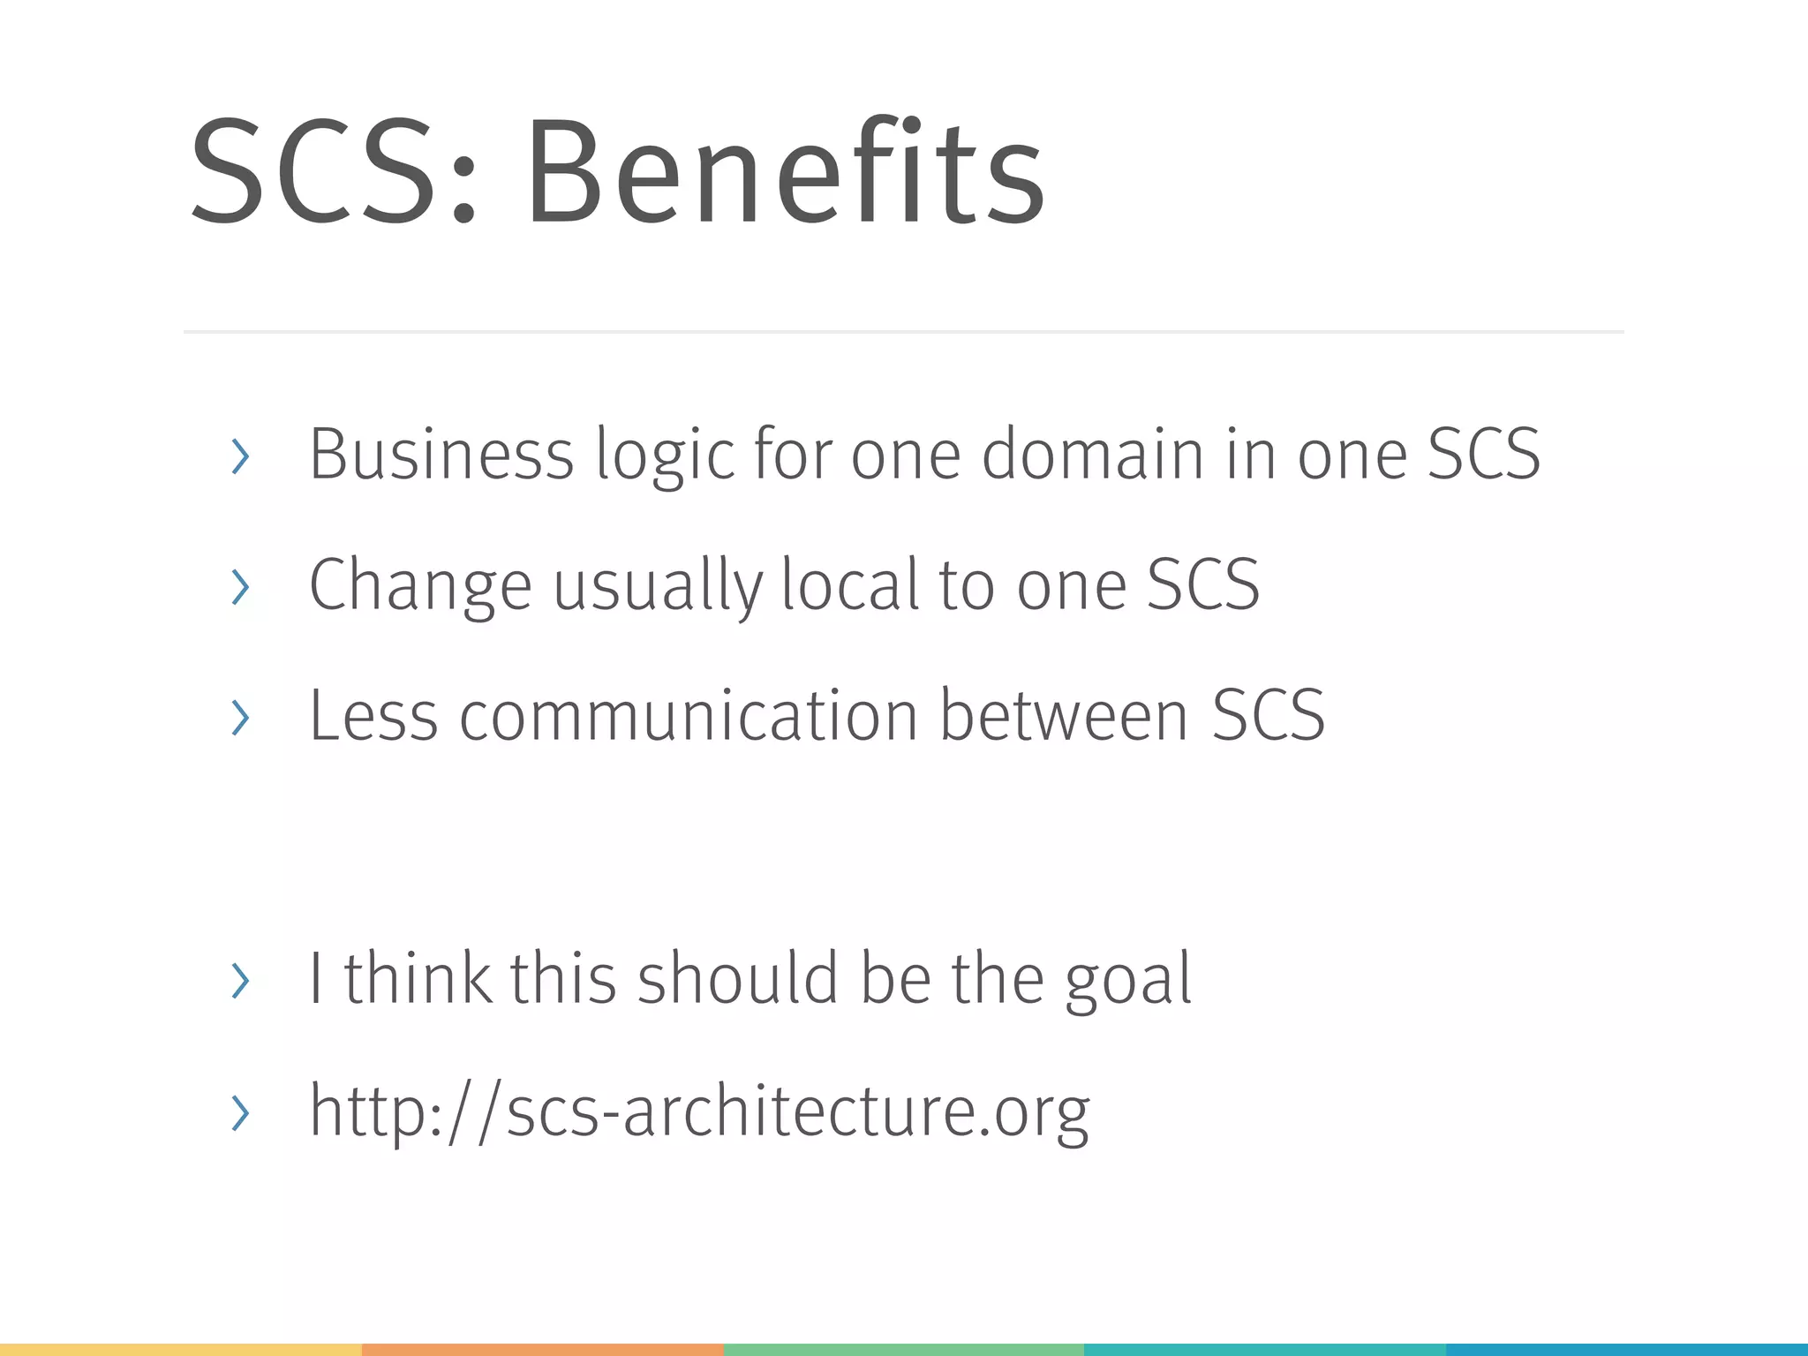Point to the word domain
pos(1093,454)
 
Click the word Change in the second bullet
pos(420,585)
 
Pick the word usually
pos(658,585)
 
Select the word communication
pos(689,715)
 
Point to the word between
pos(1063,715)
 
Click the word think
pos(418,978)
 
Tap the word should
pos(738,978)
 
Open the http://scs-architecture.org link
pos(699,1111)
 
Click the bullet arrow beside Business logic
pos(239,456)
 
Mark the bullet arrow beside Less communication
pos(239,717)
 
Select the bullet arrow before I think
pos(239,980)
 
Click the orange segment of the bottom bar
pos(542,1350)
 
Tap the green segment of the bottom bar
pos(903,1350)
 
